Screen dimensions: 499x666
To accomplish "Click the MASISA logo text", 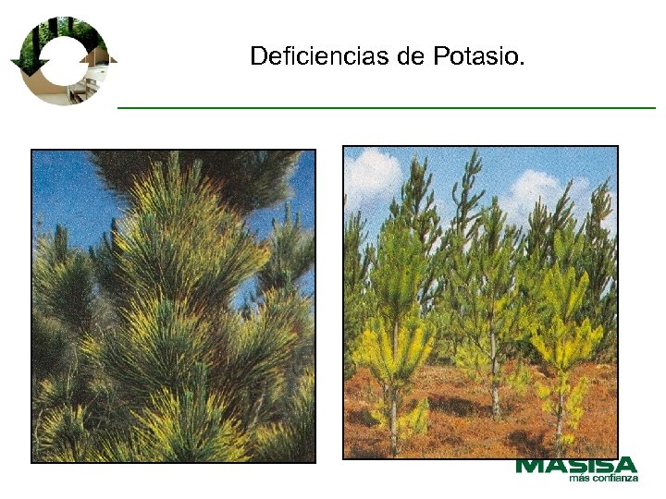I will coord(576,465).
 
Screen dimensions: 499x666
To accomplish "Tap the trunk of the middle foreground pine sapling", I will coord(495,388).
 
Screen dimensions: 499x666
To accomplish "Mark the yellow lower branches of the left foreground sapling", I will coord(393,351).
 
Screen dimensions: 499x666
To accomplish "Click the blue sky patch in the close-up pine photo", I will coord(65,194).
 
